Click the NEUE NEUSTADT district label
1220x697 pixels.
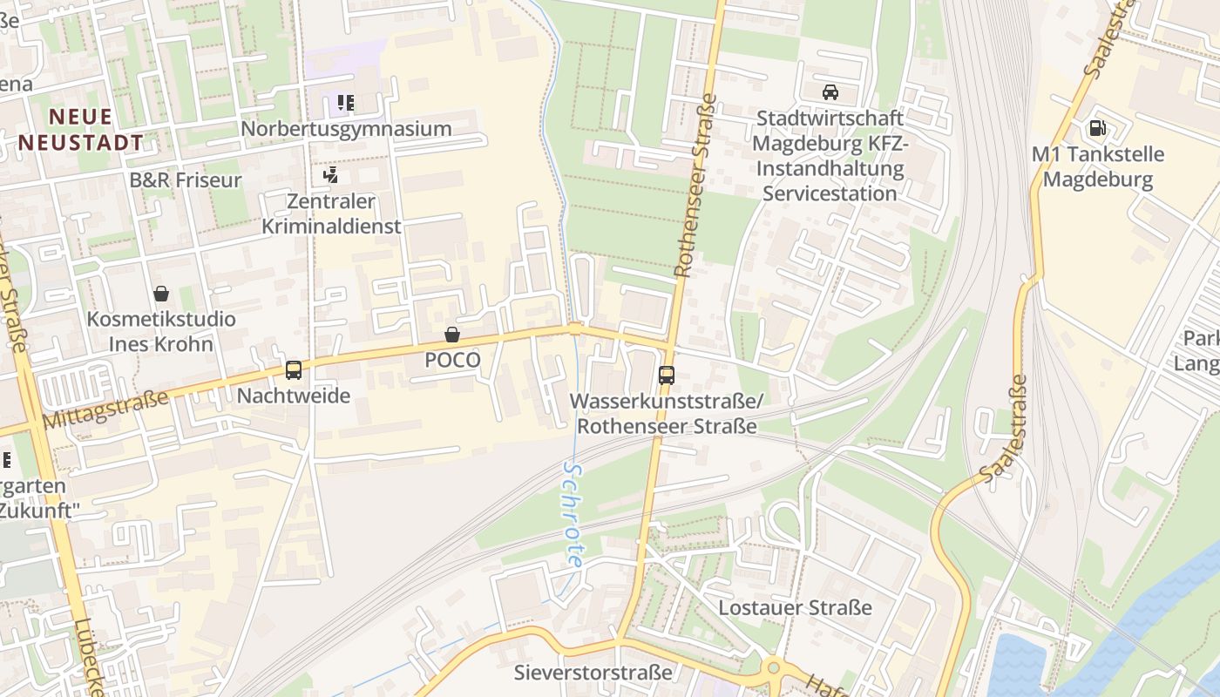coord(80,129)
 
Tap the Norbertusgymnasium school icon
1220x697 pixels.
coord(346,104)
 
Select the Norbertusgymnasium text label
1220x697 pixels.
coord(346,129)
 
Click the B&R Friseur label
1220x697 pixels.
coord(186,180)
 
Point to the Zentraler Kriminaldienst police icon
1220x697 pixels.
coord(330,176)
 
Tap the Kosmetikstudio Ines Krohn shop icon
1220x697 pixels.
coord(161,294)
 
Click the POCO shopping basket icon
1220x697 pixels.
coord(452,335)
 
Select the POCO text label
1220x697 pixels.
coord(452,360)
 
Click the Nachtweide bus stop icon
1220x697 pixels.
coord(294,370)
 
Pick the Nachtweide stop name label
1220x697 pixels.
coord(294,396)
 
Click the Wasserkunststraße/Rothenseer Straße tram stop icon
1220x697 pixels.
coord(667,376)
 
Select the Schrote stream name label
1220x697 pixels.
coord(573,514)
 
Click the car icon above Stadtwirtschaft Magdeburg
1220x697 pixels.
coord(830,92)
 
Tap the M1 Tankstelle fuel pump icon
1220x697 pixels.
coord(1097,129)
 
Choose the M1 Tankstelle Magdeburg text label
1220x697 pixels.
coord(1097,167)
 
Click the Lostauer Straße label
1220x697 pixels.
coord(795,607)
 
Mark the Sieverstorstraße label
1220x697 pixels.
coord(593,673)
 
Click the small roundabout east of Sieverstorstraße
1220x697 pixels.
coord(772,669)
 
